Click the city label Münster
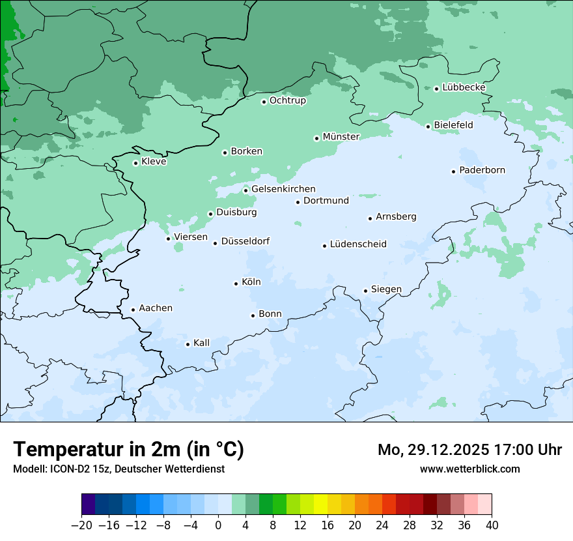[x=341, y=137]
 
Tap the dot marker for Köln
[x=236, y=284]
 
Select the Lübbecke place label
[x=464, y=87]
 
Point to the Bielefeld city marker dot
[x=428, y=126]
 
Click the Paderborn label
[x=482, y=170]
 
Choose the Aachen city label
[x=156, y=308]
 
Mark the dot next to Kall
[x=188, y=344]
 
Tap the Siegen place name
[x=386, y=289]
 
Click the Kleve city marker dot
[x=135, y=163]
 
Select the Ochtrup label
[x=287, y=100]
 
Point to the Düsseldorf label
[x=245, y=242]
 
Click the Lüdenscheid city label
[x=358, y=244]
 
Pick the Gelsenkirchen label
[x=283, y=189]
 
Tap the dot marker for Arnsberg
[x=370, y=218]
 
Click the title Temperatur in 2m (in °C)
[x=128, y=449]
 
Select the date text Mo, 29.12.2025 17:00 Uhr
[x=469, y=450]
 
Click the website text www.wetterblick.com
[x=469, y=469]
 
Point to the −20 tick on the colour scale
[x=81, y=525]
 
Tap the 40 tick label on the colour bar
[x=492, y=525]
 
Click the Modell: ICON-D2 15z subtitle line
[x=119, y=469]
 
